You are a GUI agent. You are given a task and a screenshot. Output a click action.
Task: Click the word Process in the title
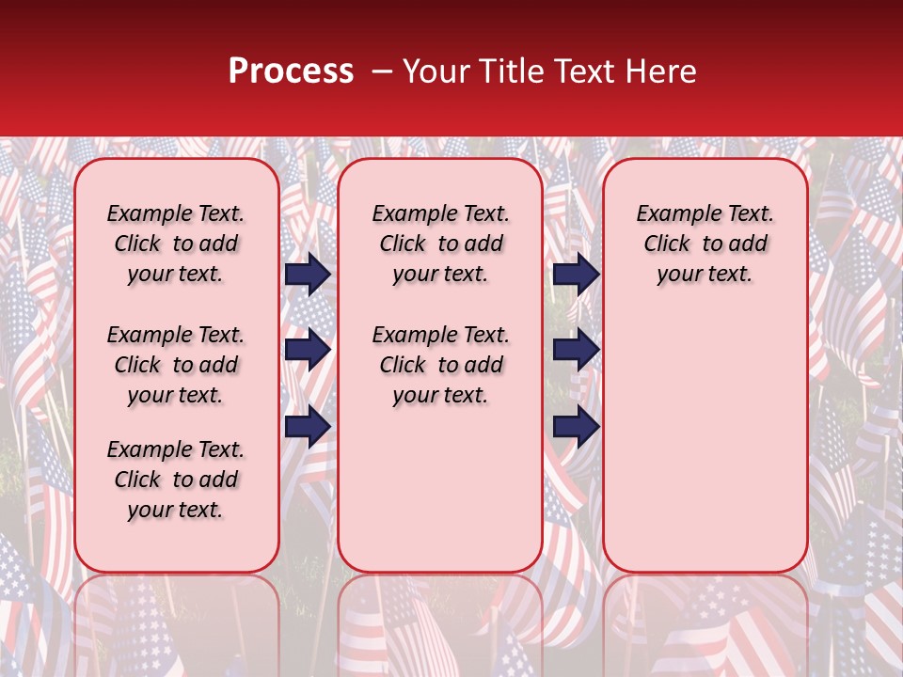(x=291, y=71)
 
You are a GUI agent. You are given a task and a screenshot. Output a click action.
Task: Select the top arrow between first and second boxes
(x=308, y=274)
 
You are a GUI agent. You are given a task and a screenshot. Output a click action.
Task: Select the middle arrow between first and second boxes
(x=308, y=349)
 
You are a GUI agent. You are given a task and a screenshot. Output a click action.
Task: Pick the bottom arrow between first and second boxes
(x=308, y=426)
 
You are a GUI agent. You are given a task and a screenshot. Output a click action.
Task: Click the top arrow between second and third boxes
(x=576, y=274)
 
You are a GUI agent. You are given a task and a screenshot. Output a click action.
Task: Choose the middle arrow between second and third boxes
(x=576, y=349)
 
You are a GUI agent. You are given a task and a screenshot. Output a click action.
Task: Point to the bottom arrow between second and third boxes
(x=576, y=426)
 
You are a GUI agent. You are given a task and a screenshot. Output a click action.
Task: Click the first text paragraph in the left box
(x=176, y=244)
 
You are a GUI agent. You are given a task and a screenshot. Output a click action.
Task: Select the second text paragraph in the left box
(x=176, y=365)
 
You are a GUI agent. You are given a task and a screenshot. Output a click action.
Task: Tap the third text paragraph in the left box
(x=176, y=480)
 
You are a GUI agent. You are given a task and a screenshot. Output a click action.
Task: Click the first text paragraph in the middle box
(x=440, y=244)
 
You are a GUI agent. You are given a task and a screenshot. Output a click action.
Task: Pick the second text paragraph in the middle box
(x=440, y=365)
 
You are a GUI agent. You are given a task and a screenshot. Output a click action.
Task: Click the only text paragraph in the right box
(x=705, y=244)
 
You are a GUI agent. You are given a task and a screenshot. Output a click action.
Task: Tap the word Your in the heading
(x=434, y=71)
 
